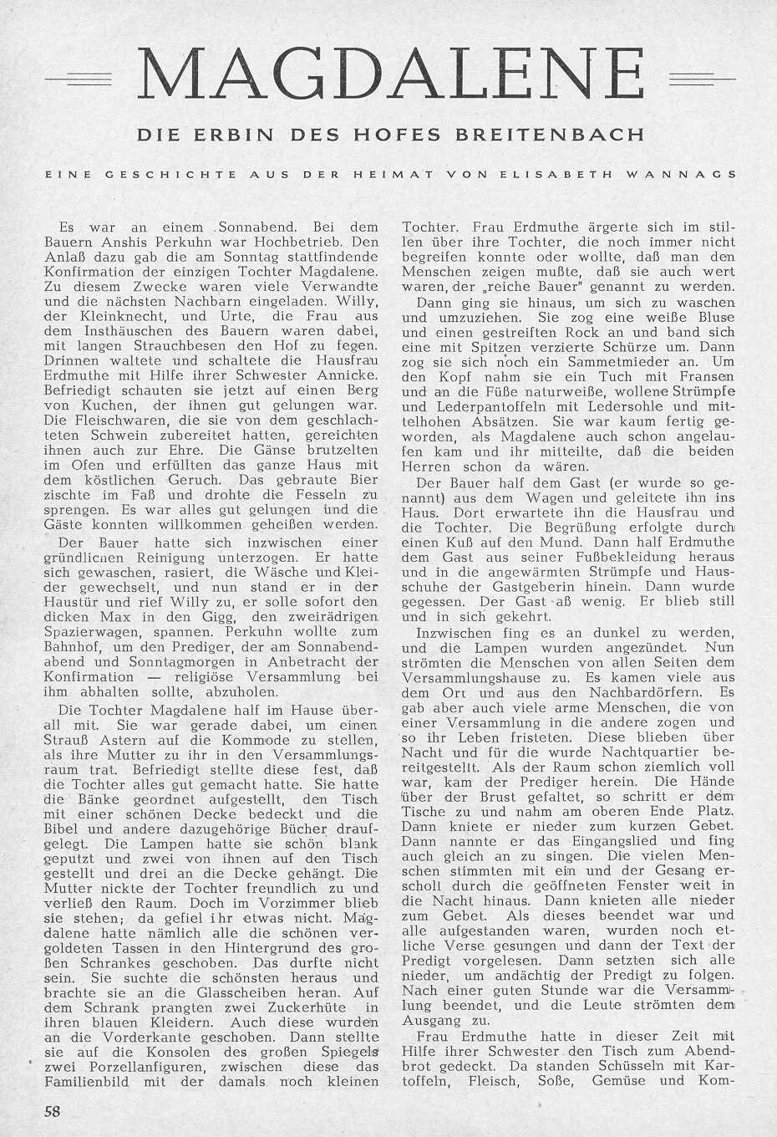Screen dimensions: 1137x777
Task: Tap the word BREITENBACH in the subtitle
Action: pos(574,134)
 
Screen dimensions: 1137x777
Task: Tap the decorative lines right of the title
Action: pos(702,79)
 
